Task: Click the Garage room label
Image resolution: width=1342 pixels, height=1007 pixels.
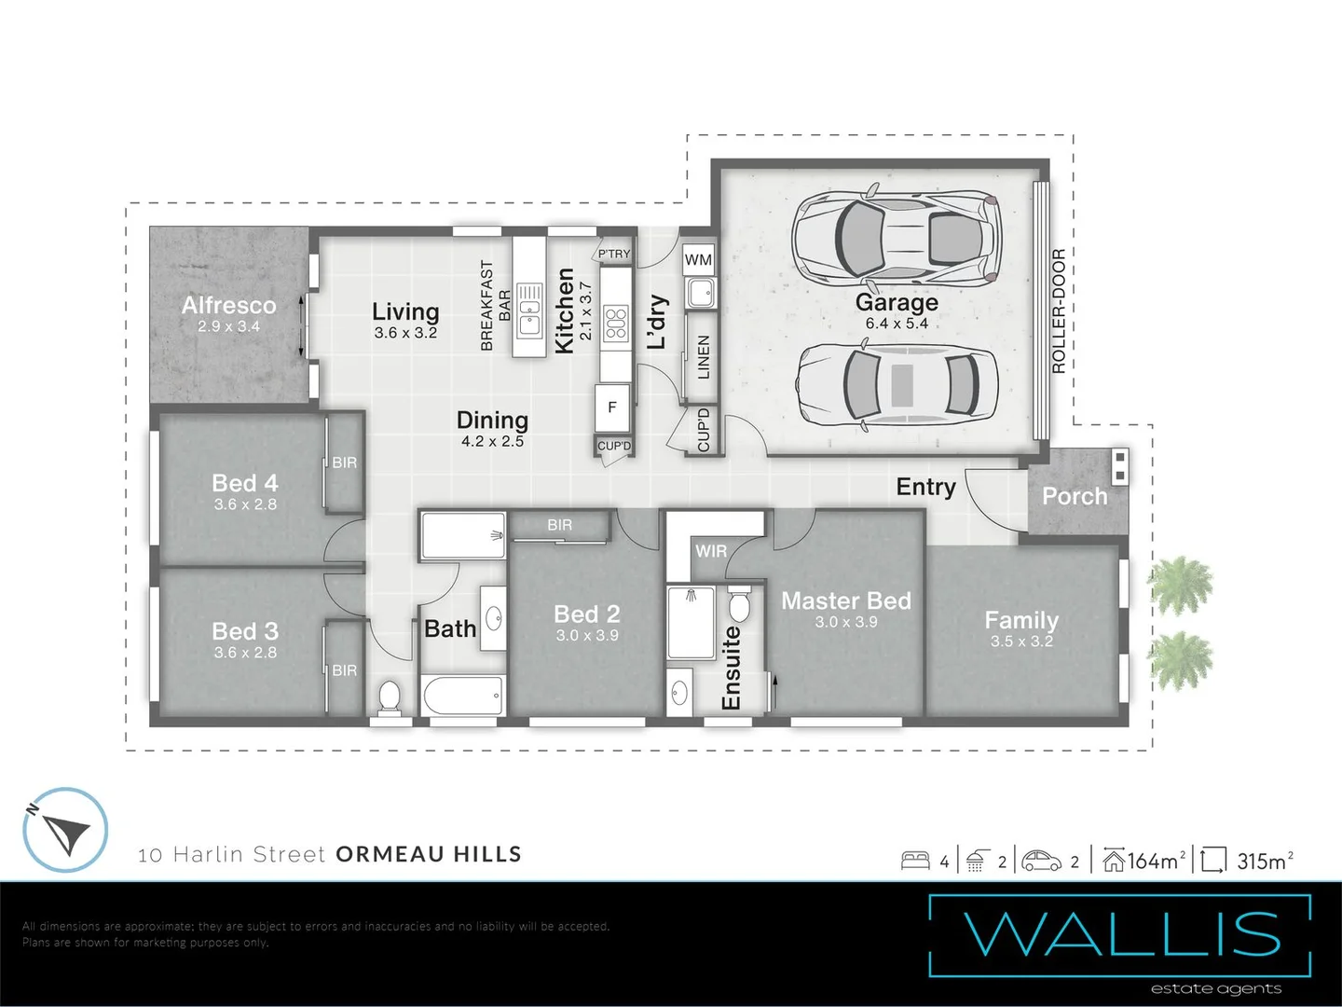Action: [897, 303]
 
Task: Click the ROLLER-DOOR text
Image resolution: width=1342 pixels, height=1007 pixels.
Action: [1058, 311]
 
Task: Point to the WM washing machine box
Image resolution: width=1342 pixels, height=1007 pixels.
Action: [698, 260]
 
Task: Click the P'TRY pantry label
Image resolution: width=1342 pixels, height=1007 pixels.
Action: [614, 254]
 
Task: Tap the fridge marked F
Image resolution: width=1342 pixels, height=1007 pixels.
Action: [612, 407]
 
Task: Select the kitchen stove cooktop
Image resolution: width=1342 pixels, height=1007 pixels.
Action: [615, 323]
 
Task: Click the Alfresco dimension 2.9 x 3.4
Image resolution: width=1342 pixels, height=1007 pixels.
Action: [228, 326]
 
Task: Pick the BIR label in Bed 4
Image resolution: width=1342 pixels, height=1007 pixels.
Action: [344, 462]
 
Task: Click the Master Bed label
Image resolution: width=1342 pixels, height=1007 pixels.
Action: [845, 601]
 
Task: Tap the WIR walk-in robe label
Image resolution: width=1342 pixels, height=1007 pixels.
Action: [710, 551]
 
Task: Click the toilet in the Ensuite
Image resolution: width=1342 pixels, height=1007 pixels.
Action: [739, 604]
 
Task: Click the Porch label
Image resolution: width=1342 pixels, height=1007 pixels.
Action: [1075, 496]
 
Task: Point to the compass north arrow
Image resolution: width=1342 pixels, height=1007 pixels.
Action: [65, 830]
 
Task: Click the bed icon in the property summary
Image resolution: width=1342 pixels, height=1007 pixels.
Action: [915, 861]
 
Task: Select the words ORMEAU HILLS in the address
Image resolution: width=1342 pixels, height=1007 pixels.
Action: [429, 854]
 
